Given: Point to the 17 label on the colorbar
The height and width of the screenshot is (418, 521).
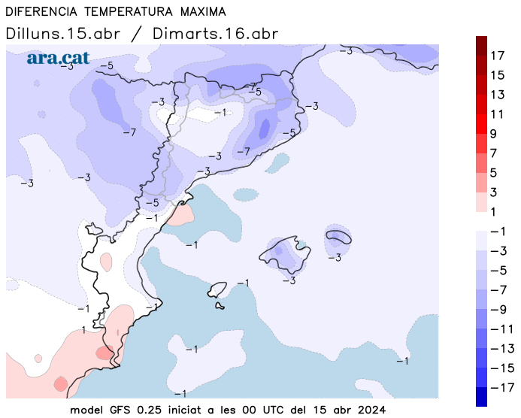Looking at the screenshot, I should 498,56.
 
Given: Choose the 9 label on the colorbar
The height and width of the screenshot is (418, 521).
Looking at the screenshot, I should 494,134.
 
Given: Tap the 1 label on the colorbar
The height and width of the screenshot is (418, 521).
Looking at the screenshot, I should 494,212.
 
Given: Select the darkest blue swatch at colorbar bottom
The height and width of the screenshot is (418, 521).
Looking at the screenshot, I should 481,395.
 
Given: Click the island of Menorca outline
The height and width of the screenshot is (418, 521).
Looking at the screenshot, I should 339,237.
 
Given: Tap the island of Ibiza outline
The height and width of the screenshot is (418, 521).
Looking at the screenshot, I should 217,289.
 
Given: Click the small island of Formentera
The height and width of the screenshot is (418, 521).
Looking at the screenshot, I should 220,305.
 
